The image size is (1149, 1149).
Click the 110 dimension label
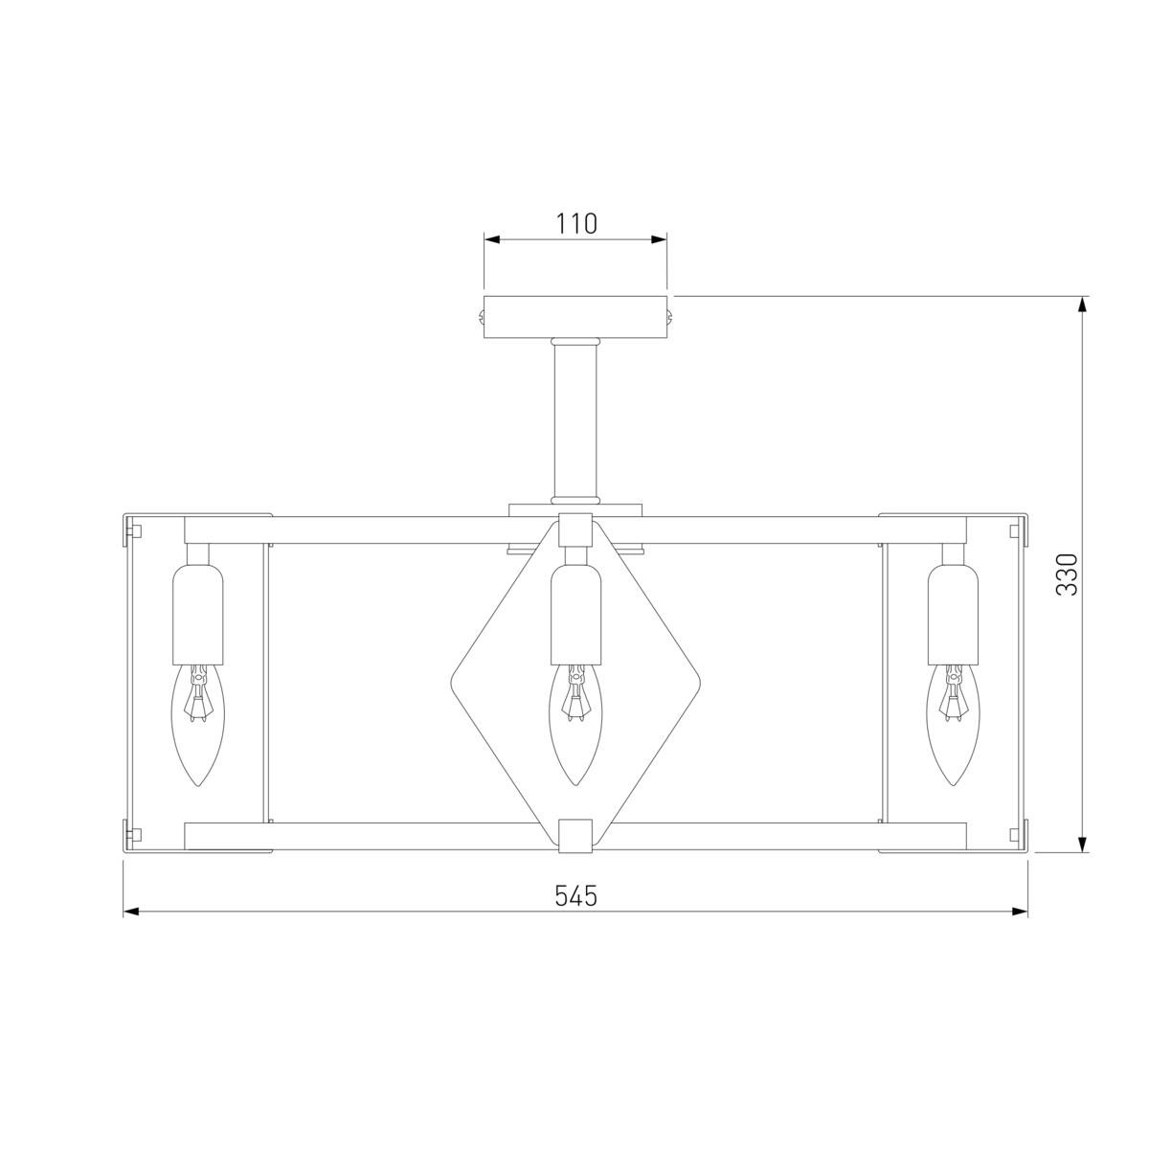tap(576, 224)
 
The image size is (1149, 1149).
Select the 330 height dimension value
tap(1067, 574)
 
